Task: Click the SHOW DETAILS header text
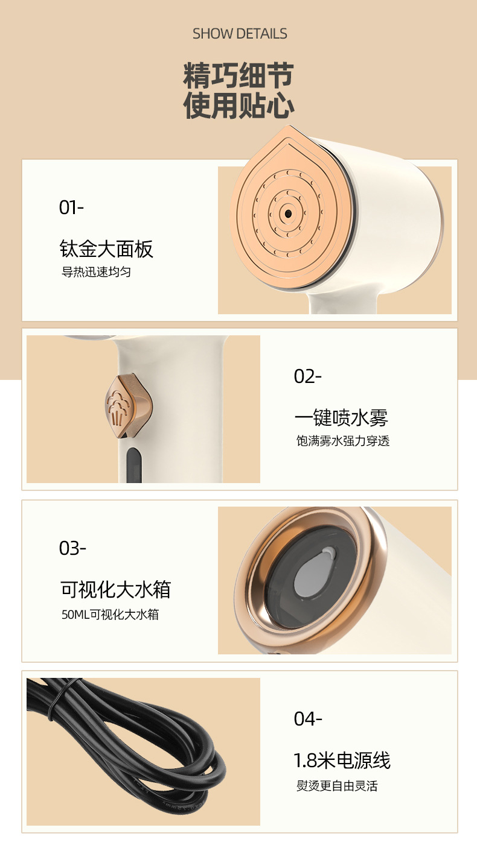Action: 240,34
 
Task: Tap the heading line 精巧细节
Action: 239,77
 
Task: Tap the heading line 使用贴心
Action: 239,106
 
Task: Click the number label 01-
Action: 71,207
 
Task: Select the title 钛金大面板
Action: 106,248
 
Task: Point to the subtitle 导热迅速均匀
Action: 96,272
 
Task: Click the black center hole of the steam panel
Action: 287,213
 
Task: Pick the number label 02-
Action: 307,376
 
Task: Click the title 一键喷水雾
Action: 341,417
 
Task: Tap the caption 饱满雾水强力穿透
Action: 343,441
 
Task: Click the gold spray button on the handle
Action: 127,407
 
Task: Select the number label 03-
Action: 72,548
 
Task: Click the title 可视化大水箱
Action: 115,589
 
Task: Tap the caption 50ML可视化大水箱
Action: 110,615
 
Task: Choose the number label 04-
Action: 308,719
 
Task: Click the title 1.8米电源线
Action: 342,761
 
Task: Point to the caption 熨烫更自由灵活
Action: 337,786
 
